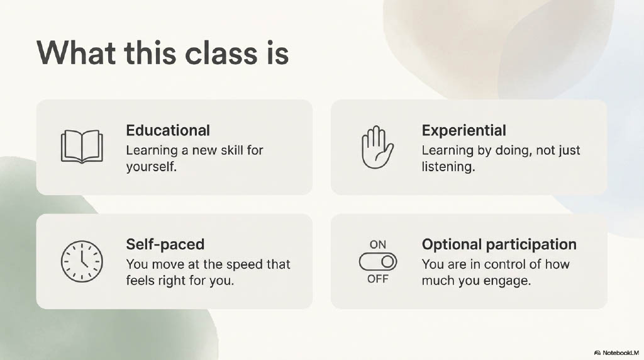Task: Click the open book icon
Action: (x=82, y=147)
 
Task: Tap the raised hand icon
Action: (x=377, y=147)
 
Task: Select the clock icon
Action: (x=82, y=261)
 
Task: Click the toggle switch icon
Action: (x=378, y=262)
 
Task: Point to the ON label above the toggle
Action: (x=378, y=245)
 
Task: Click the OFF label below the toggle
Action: (x=378, y=279)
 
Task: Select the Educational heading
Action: (x=168, y=130)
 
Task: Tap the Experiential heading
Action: (x=464, y=131)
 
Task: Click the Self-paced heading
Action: (x=165, y=245)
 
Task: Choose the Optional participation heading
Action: (x=499, y=245)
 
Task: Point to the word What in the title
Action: (x=76, y=53)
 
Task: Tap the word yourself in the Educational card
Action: (x=151, y=167)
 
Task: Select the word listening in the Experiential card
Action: (x=448, y=167)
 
